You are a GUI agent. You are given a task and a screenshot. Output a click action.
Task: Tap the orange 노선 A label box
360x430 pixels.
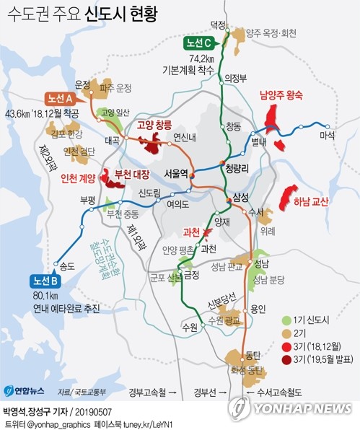63,98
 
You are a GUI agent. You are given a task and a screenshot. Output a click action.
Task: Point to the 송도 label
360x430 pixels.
67,266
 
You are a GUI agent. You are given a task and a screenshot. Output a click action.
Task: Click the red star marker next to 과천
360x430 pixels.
207,232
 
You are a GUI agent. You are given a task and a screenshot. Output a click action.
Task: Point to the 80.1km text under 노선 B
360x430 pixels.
45,296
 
